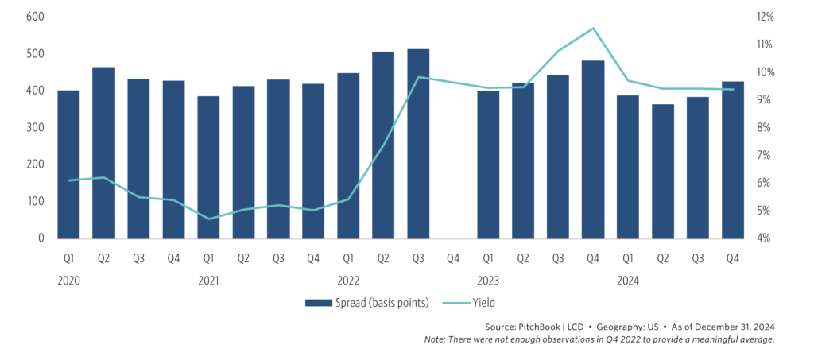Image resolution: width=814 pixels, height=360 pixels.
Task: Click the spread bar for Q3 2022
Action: coord(418,144)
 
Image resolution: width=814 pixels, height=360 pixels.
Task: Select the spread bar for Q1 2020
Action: coord(68,165)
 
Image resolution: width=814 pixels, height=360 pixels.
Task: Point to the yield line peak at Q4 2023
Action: coord(593,29)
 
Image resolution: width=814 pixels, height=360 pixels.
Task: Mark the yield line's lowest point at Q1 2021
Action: coord(208,219)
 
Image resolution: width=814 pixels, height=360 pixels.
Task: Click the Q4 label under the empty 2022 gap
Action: coord(453,258)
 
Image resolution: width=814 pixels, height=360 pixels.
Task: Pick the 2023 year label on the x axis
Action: coord(488,280)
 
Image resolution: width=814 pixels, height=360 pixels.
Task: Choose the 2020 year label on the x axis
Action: coord(68,280)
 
